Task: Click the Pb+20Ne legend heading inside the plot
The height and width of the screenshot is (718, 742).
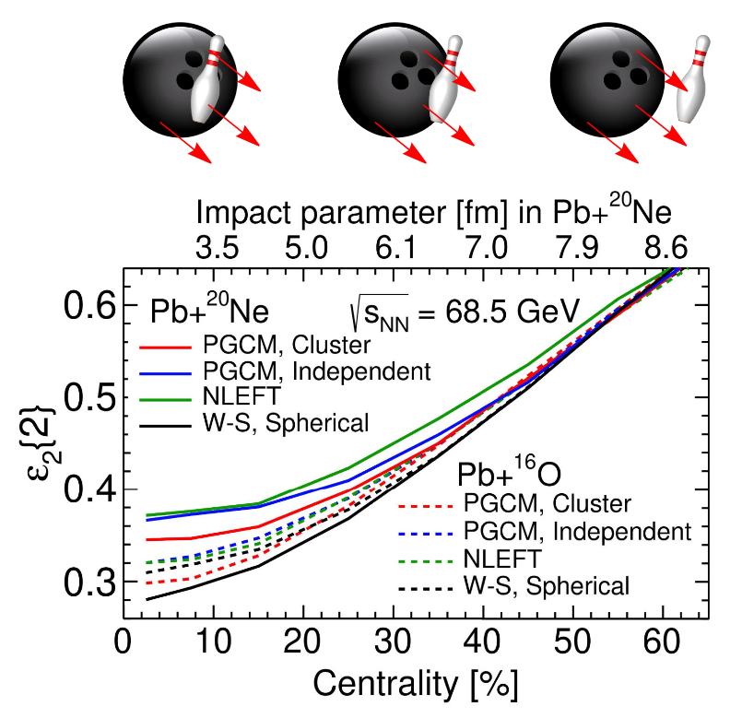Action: [x=209, y=312]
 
